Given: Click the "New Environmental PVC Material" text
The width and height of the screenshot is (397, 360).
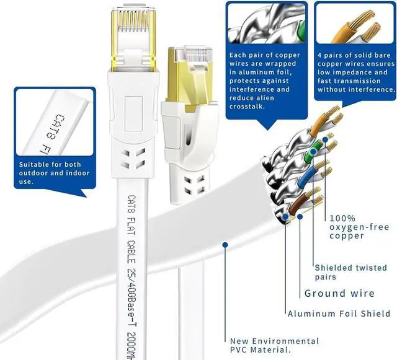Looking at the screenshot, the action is point(275,346).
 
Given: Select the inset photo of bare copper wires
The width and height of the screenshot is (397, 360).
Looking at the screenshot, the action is point(355,25).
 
